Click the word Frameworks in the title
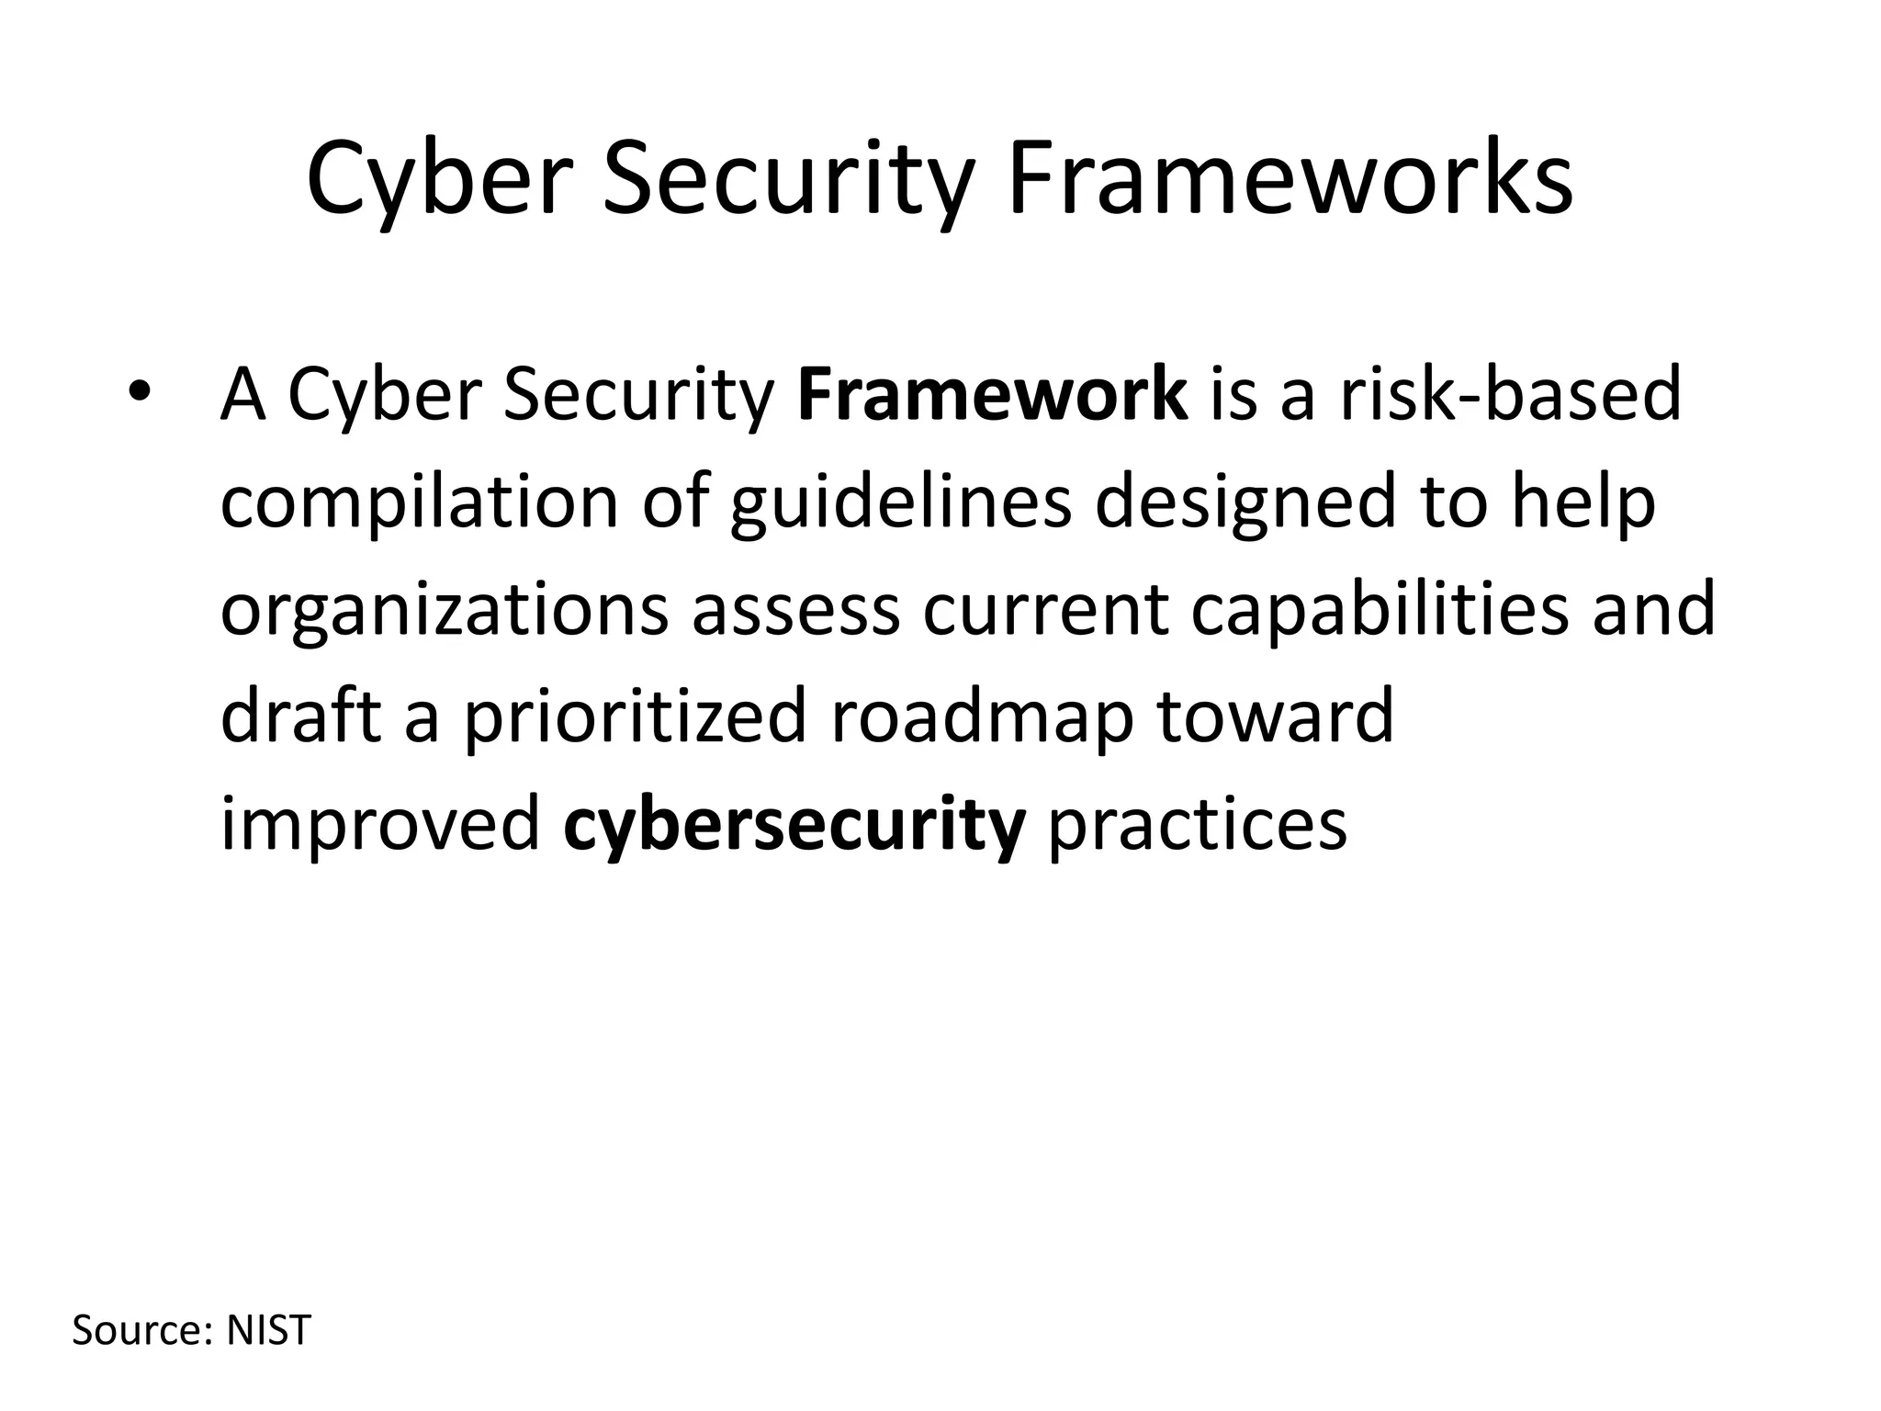[1290, 179]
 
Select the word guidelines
[901, 503]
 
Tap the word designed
[1245, 503]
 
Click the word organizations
[445, 611]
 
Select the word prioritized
[635, 717]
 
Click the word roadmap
[982, 717]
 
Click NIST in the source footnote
[269, 1330]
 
